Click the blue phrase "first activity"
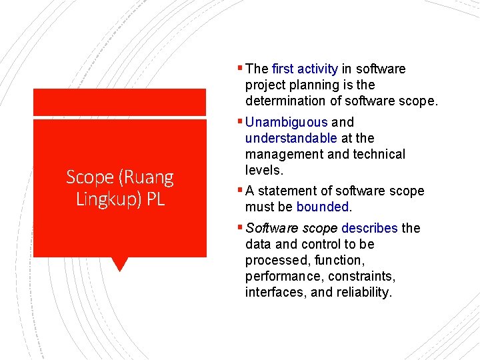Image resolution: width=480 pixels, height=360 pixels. (x=305, y=69)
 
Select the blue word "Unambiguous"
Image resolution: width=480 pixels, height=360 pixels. (x=286, y=122)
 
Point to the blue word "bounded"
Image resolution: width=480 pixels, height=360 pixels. (x=323, y=207)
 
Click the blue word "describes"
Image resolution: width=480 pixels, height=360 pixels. (x=369, y=228)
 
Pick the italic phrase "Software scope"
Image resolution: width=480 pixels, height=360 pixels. (x=291, y=228)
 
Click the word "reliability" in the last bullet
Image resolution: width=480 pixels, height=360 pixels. (x=366, y=292)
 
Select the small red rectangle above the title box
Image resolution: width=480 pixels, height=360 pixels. (x=120, y=103)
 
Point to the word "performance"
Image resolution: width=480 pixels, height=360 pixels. (x=283, y=276)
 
